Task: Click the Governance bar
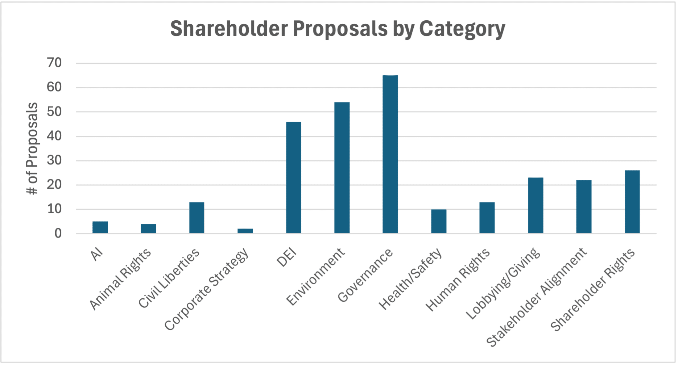390,154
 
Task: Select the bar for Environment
342,168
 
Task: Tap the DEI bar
293,177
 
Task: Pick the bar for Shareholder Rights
632,202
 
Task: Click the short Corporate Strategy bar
245,231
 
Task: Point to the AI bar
100,227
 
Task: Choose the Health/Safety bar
439,221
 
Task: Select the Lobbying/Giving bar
536,205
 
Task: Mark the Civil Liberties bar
197,218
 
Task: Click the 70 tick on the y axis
54,63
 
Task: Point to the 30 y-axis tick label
54,160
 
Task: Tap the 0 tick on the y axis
58,234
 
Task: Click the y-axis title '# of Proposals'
33,148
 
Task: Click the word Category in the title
462,29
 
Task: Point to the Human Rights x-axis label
458,280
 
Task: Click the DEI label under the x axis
286,257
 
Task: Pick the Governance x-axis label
365,275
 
